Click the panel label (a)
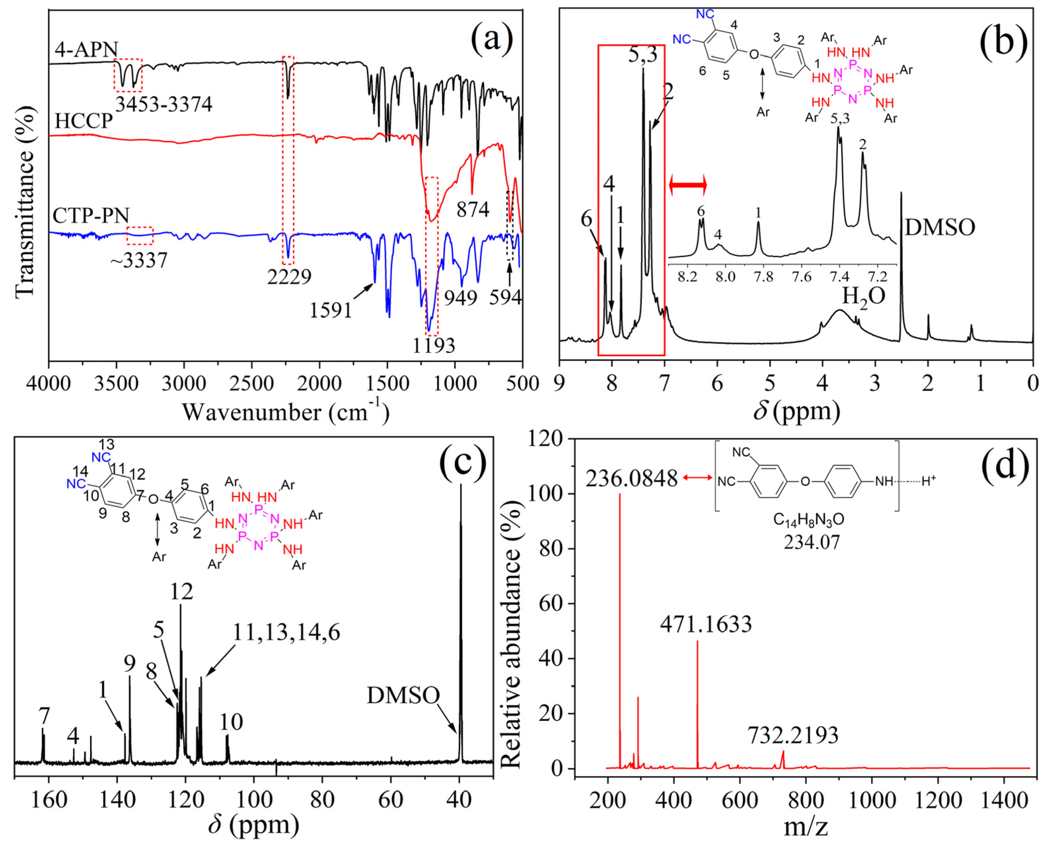pos(491,39)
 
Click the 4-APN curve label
pos(86,50)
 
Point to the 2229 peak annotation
pos(289,277)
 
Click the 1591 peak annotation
pos(330,310)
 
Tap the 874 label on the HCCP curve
pos(473,210)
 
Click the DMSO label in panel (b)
pos(940,227)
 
